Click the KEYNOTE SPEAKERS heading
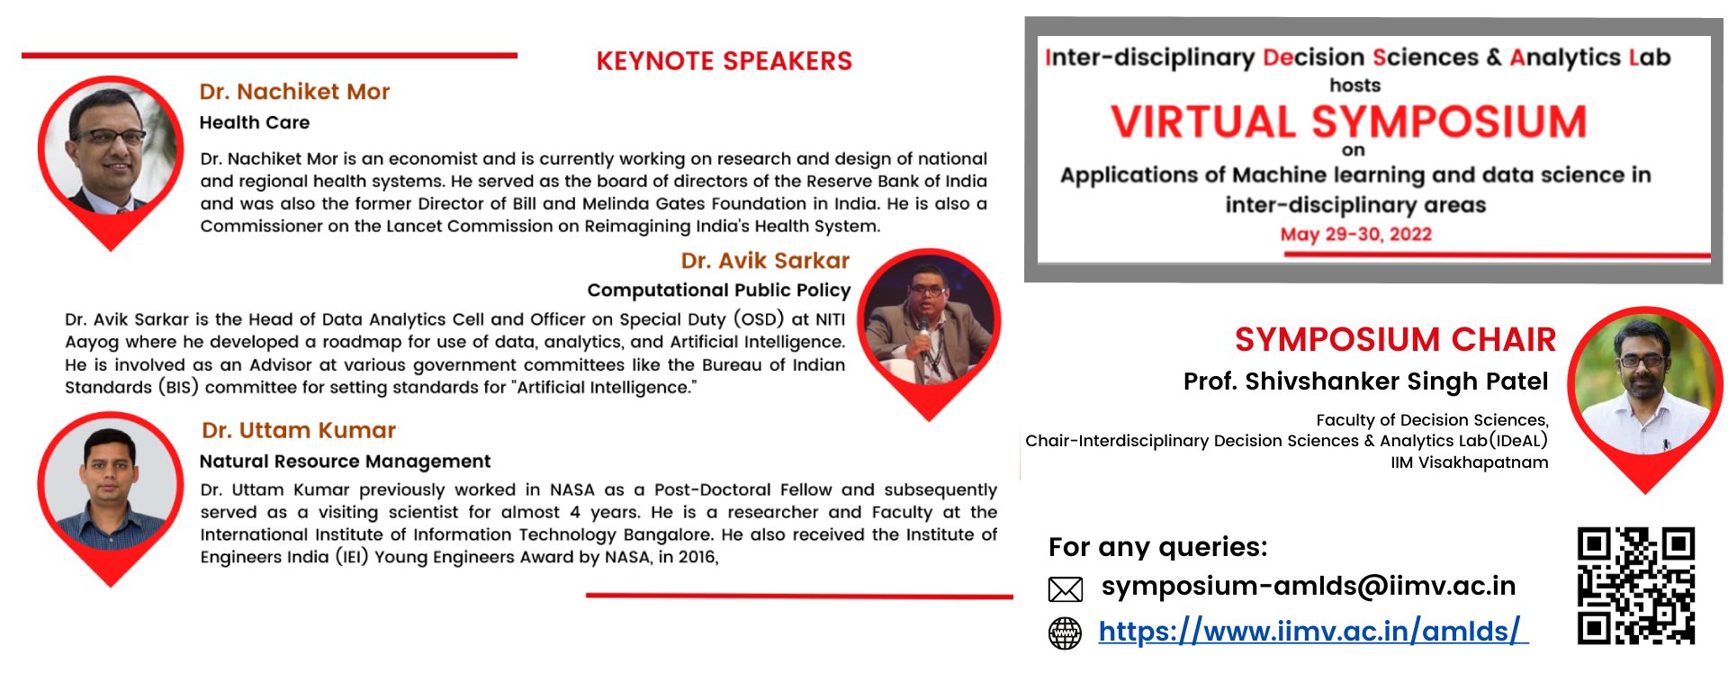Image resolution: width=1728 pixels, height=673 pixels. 724,61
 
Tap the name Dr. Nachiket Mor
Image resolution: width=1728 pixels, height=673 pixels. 294,92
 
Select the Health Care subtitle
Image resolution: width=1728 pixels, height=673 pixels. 255,122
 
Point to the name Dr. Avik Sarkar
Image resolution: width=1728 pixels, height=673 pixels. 765,261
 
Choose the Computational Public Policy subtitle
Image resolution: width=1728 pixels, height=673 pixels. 718,291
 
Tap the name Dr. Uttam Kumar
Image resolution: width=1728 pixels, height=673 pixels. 299,431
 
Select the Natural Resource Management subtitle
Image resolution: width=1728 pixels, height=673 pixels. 345,462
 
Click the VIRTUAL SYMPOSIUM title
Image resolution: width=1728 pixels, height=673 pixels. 1348,121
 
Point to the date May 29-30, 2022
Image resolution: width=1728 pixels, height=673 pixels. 1355,235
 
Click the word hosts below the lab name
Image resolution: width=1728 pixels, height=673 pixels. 1354,85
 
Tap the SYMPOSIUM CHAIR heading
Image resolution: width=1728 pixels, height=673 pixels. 1395,340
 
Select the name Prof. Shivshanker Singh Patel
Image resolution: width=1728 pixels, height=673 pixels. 1365,381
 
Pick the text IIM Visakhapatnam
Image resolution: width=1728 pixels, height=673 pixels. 1469,462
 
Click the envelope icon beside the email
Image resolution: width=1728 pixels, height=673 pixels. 1066,589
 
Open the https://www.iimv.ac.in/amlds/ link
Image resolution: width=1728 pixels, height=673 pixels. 1312,632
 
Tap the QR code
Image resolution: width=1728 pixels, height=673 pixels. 1636,586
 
